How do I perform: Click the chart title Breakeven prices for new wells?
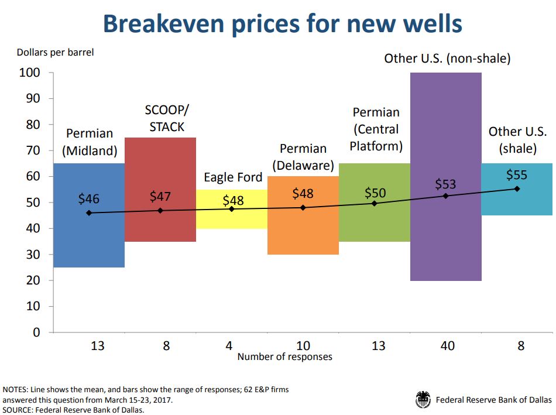(x=283, y=23)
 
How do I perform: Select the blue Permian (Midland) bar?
(x=88, y=240)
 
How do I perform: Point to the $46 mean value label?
(x=89, y=199)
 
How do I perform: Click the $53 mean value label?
(x=445, y=184)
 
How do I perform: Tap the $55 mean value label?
(x=516, y=175)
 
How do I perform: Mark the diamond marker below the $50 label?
(x=375, y=203)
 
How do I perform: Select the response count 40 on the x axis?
(x=448, y=346)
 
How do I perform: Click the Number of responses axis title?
(x=284, y=356)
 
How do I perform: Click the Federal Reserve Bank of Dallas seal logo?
(x=423, y=400)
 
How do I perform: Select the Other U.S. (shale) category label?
(x=517, y=140)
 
